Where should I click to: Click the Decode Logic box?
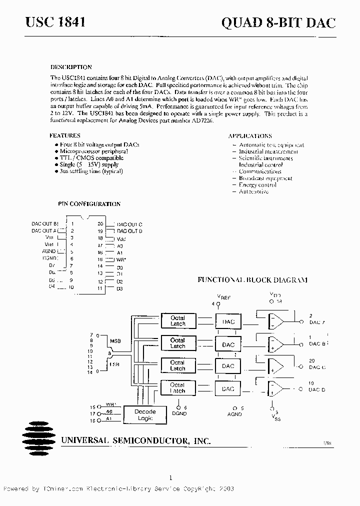click(145, 414)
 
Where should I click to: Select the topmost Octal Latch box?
click(177, 320)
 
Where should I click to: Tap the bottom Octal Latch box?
click(177, 387)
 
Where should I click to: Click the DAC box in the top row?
click(228, 321)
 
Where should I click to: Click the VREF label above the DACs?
click(224, 297)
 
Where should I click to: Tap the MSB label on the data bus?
click(114, 341)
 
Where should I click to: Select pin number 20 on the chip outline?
click(100, 224)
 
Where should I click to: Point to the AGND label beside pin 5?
click(49, 251)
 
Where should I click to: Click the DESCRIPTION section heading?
click(71, 67)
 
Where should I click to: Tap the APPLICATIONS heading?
click(250, 136)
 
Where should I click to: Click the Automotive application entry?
click(253, 191)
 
